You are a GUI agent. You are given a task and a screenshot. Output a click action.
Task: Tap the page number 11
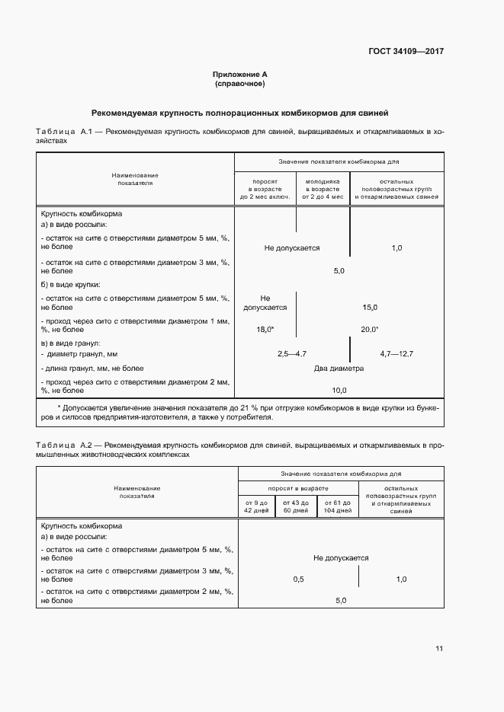[439, 649]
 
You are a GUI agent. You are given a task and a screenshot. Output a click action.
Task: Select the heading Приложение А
[239, 75]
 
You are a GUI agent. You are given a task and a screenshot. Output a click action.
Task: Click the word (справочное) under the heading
[239, 84]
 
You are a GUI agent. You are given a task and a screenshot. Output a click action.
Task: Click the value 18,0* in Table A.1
[265, 330]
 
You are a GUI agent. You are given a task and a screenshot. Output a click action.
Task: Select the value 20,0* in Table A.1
[370, 330]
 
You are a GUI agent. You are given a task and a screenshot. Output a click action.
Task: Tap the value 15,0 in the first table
[370, 307]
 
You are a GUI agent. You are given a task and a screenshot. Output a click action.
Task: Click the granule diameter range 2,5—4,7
[291, 354]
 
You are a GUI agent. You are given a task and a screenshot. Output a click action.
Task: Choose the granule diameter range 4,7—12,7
[396, 354]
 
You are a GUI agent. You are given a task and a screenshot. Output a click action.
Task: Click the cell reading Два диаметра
[339, 369]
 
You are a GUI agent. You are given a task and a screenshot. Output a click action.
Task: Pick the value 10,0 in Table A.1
[339, 390]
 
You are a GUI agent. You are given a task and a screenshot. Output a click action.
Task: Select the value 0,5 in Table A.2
[298, 579]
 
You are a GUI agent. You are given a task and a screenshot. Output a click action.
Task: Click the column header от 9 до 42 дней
[255, 506]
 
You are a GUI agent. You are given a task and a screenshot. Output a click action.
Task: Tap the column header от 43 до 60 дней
[295, 506]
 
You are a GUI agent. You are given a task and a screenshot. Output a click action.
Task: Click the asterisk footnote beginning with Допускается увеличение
[239, 413]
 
